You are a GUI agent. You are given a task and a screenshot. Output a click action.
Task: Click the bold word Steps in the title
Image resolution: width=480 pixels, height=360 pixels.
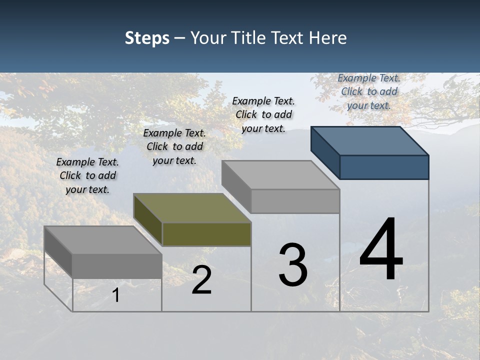147,38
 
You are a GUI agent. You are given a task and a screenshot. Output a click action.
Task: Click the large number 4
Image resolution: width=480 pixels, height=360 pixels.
381,250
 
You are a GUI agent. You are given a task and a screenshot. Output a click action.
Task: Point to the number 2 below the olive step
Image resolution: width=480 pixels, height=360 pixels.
201,280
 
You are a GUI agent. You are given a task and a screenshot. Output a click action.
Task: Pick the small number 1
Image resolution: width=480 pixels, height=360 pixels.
115,295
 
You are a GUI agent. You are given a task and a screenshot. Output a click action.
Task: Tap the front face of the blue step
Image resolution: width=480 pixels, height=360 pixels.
384,167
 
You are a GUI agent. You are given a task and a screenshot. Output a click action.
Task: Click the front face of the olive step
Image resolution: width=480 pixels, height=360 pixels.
206,234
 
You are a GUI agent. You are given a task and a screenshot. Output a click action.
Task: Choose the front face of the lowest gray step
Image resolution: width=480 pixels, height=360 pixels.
117,266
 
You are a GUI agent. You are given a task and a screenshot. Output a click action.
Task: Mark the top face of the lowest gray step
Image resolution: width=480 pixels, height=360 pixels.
103,240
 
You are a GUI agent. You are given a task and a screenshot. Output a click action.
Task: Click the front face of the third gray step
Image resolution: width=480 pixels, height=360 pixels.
295,201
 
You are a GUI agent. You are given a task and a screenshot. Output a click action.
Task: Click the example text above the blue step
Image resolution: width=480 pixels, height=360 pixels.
369,91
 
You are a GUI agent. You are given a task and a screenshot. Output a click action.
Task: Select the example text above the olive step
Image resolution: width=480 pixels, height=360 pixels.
174,146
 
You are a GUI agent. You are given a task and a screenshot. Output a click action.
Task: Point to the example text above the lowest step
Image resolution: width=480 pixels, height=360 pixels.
87,175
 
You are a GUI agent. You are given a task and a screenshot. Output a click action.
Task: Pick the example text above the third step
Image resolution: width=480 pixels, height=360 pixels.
263,114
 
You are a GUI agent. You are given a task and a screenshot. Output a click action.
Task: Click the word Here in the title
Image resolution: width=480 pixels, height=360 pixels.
327,38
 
